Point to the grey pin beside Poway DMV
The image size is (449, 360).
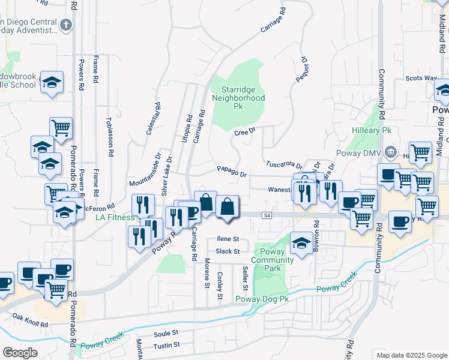[x=391, y=152]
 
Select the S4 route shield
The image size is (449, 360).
[x=267, y=215]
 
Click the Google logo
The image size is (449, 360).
[x=20, y=353]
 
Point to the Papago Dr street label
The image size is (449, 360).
[x=232, y=173]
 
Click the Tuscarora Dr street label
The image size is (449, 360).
[x=284, y=164]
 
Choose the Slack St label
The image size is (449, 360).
[x=228, y=251]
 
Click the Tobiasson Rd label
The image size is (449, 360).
[x=109, y=137]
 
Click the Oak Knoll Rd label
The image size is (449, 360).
[x=29, y=320]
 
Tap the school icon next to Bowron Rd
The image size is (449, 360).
[x=302, y=242]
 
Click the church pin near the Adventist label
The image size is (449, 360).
[x=66, y=25]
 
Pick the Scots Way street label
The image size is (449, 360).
[x=421, y=78]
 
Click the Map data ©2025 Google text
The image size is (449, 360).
[x=411, y=355]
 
